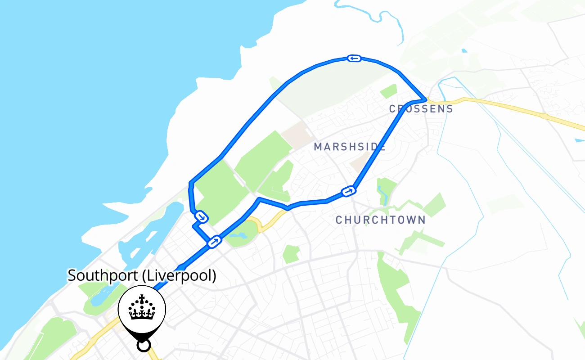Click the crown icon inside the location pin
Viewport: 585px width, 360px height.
142,308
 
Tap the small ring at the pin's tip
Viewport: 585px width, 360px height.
143,345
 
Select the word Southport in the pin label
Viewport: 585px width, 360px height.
102,275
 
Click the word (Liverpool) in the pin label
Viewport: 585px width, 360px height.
179,275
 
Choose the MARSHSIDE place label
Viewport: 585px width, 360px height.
350,147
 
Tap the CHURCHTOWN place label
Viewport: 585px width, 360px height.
380,220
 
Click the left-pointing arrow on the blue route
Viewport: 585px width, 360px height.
354,58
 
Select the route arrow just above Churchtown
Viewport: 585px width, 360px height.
348,192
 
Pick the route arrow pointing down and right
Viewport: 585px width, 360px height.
202,217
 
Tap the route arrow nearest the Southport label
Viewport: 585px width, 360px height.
214,242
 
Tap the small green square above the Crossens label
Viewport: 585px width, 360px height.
388,91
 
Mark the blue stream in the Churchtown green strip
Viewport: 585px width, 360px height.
383,193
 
